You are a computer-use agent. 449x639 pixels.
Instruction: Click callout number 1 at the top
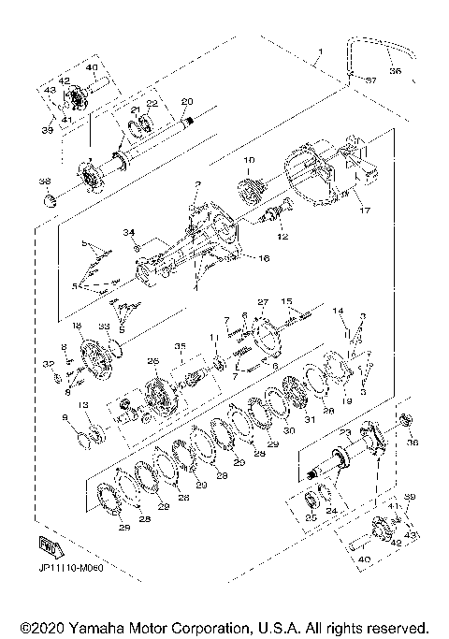pos(319,51)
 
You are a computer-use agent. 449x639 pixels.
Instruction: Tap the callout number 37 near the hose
pos(371,80)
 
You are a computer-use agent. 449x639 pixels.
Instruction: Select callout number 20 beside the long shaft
pos(186,101)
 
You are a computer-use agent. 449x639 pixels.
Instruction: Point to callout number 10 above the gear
pos(249,161)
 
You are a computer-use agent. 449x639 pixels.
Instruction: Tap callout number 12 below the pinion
pos(282,237)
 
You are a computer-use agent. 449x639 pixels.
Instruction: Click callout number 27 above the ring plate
pos(263,302)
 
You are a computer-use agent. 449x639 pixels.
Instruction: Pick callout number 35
pos(179,345)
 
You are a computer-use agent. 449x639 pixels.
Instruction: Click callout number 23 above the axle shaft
pos(343,431)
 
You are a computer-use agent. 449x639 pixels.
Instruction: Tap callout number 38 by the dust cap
pos(43,182)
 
